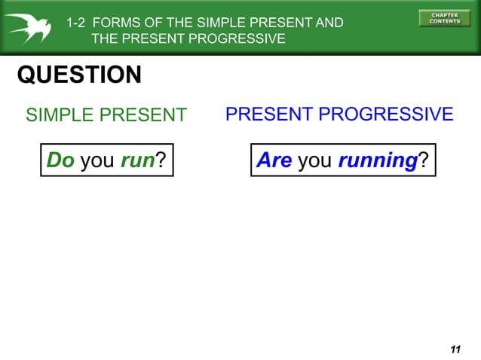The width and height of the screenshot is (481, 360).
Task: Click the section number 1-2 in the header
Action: pyautogui.click(x=76, y=23)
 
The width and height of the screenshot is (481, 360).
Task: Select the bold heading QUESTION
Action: pyautogui.click(x=79, y=75)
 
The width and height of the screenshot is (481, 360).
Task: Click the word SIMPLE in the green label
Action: pyautogui.click(x=60, y=115)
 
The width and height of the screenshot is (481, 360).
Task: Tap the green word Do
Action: pyautogui.click(x=60, y=160)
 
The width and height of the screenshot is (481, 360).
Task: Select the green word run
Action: pyautogui.click(x=138, y=160)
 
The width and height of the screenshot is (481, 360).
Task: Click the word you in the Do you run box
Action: pyautogui.click(x=97, y=160)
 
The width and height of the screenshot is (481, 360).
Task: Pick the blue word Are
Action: pyautogui.click(x=274, y=160)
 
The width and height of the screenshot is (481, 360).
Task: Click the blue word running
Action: pyautogui.click(x=378, y=160)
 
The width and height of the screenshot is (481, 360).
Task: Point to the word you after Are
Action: pyautogui.click(x=315, y=160)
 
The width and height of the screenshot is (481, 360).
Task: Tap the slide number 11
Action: pyautogui.click(x=454, y=349)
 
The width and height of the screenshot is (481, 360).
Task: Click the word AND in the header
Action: pyautogui.click(x=329, y=23)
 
